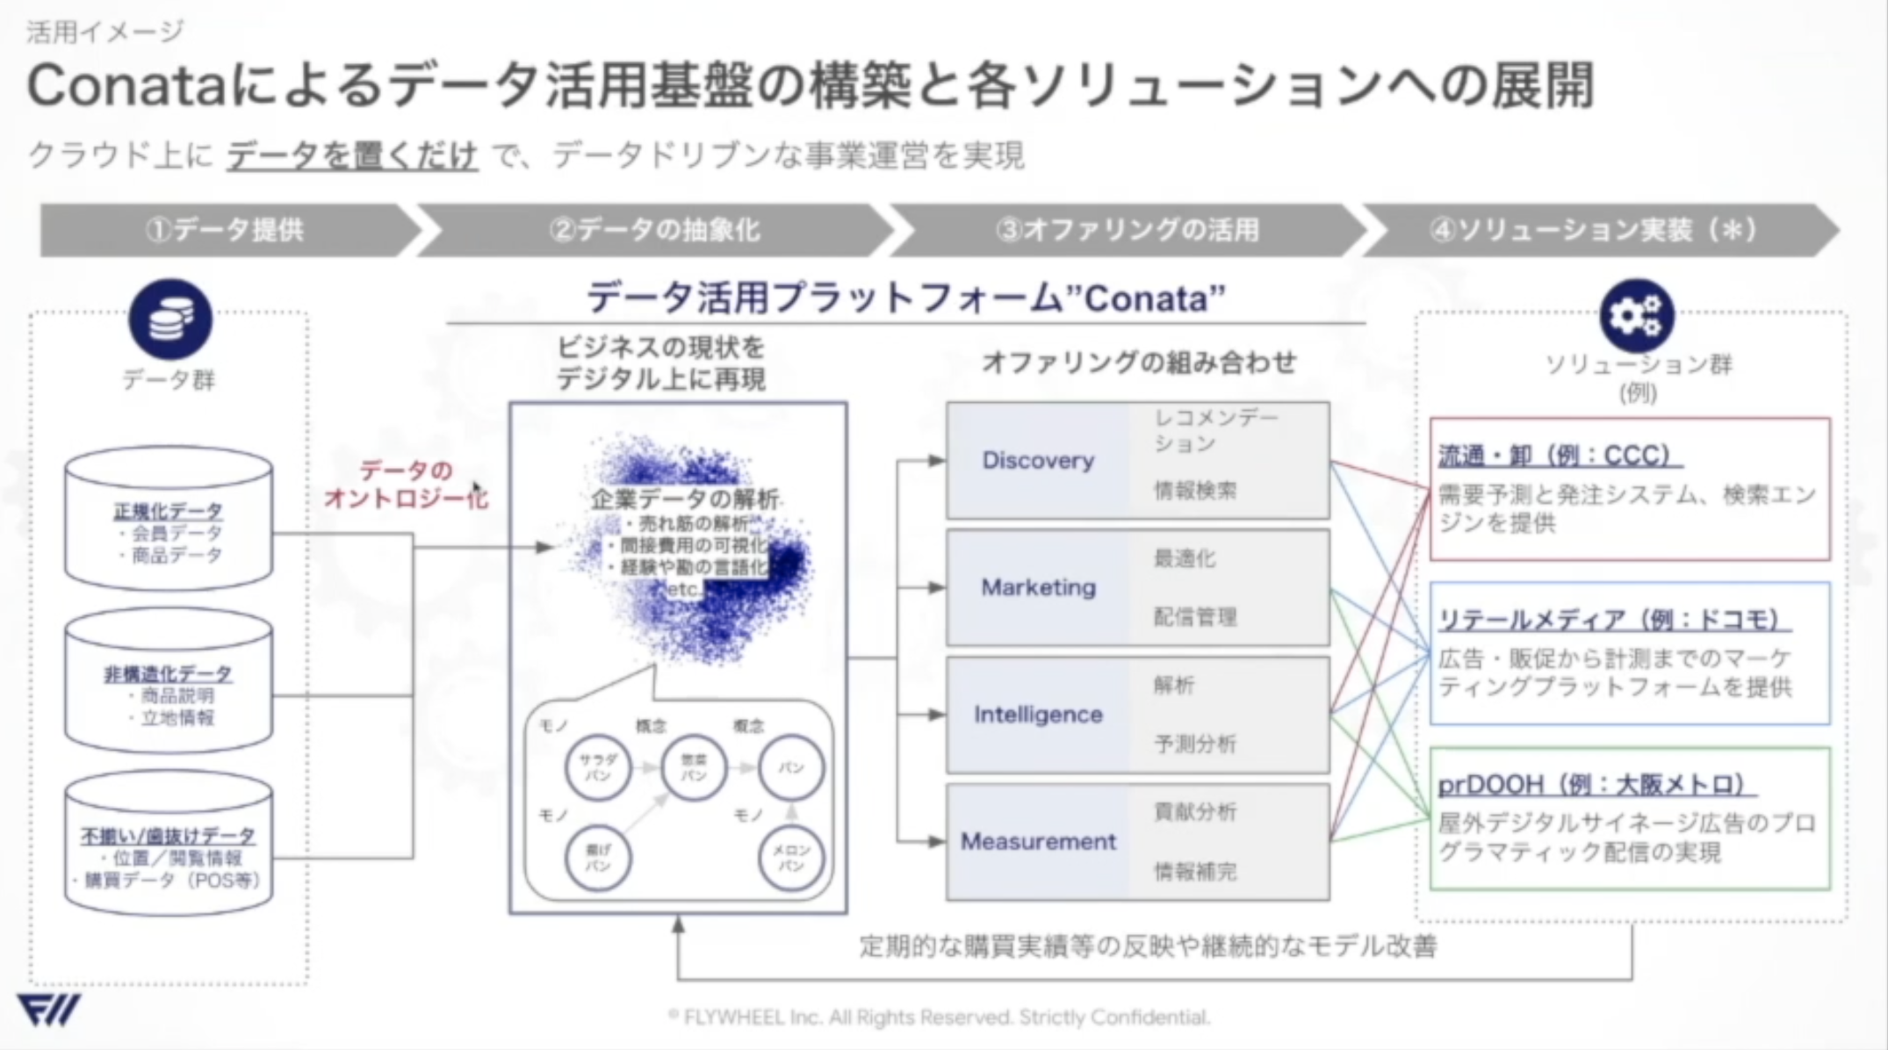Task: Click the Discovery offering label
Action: tap(1038, 460)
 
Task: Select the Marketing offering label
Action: tap(1038, 587)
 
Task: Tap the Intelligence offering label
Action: tap(1038, 715)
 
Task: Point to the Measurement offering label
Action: tap(1038, 841)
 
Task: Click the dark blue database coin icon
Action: tap(170, 319)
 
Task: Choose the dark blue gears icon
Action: tap(1636, 315)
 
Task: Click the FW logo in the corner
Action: tap(48, 1010)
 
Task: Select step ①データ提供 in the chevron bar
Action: tap(225, 230)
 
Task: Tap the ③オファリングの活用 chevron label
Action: tap(1128, 230)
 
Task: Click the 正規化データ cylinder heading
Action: tap(168, 511)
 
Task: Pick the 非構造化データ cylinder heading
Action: tap(168, 673)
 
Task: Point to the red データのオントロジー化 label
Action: tap(407, 484)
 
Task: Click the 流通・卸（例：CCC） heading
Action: tap(1558, 456)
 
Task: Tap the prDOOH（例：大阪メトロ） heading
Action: tap(1596, 784)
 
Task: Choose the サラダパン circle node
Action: tap(597, 768)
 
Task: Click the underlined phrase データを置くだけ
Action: tap(352, 155)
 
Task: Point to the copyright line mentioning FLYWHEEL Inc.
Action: tap(940, 1018)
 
